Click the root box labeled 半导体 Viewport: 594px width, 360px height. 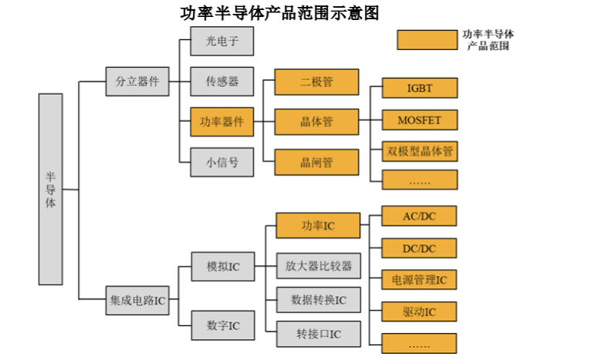pos(50,189)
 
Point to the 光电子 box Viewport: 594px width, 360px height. pos(222,42)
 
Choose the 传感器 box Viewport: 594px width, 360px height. pos(222,81)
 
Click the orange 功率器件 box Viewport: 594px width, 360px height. pos(222,122)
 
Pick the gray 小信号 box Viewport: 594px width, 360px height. pos(222,162)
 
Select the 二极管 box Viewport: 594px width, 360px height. pos(316,82)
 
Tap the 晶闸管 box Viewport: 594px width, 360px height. pos(316,162)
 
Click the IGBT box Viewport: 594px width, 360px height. pos(420,88)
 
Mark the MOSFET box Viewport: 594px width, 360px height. pos(420,120)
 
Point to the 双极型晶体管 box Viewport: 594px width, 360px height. pos(420,150)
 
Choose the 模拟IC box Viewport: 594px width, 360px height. pos(223,267)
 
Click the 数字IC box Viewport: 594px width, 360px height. pos(223,325)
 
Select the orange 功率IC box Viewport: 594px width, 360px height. pos(317,226)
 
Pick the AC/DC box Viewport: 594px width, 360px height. pos(420,216)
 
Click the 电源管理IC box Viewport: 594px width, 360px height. pos(420,279)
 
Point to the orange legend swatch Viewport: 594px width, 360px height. pos(426,41)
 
